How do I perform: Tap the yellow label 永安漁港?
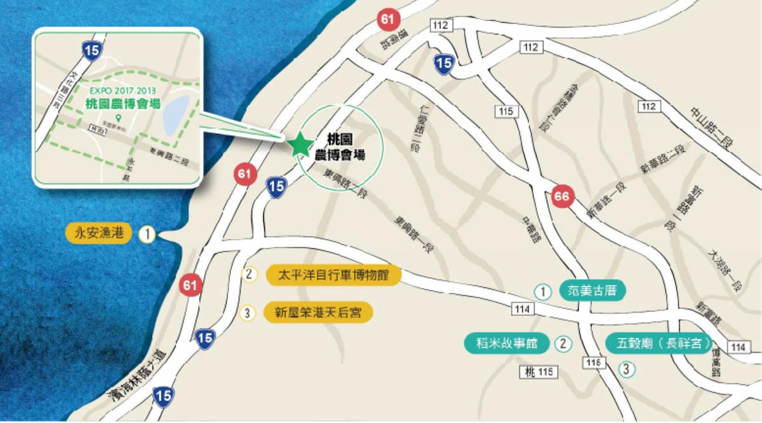tap(98, 234)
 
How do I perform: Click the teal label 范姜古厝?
tap(592, 291)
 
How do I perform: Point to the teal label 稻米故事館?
tap(507, 343)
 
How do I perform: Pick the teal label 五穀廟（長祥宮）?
tap(658, 343)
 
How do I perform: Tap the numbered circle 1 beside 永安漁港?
tap(147, 235)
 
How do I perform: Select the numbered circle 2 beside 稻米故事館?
tap(563, 344)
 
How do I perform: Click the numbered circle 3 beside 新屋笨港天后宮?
tap(249, 313)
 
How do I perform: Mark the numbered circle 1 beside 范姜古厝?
tap(542, 292)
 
